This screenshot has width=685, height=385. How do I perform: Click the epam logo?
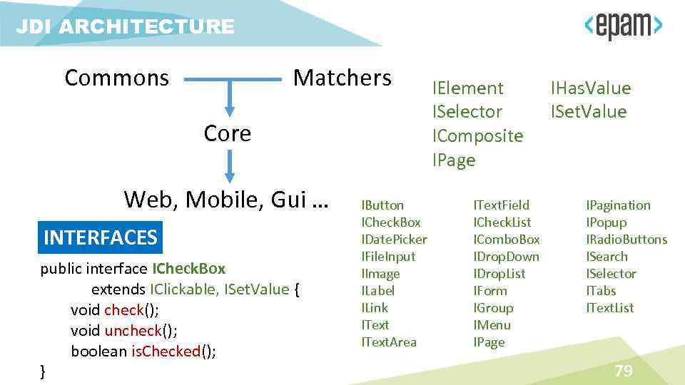[x=624, y=27]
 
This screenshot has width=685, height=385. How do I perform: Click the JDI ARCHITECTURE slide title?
[x=125, y=27]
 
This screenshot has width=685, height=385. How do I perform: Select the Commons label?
[x=117, y=77]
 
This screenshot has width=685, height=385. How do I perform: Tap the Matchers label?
[x=342, y=77]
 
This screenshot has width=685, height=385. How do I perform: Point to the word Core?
[x=228, y=133]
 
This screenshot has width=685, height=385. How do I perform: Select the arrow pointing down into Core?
[x=229, y=99]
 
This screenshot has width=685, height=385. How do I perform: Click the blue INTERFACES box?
[x=100, y=237]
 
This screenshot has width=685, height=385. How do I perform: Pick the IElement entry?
[x=467, y=88]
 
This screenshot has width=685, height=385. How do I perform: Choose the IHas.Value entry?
[x=591, y=88]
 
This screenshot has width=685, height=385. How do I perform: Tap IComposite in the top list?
[x=477, y=135]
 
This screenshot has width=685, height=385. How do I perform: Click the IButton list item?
[x=382, y=205]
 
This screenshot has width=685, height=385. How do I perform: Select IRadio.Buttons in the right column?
[x=626, y=240]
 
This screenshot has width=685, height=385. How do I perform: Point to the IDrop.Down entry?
[x=506, y=257]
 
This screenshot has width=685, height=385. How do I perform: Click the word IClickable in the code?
[x=183, y=289]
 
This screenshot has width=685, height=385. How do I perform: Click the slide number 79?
[x=624, y=371]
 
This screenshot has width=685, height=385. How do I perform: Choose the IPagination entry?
[x=618, y=205]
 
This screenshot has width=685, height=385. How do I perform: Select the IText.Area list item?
[x=389, y=342]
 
